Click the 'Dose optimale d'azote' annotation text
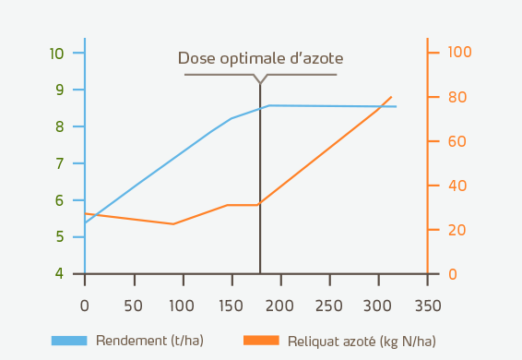point(259,58)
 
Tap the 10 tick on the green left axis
point(56,53)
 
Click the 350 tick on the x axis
point(427,305)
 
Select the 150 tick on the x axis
point(231,305)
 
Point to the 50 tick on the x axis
point(134,305)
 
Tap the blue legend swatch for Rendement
point(69,341)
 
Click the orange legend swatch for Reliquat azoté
point(261,341)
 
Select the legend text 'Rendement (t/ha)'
point(149,341)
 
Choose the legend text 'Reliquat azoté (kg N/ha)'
point(362,341)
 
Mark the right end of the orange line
point(392,97)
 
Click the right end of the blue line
point(397,106)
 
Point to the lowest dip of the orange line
point(172,223)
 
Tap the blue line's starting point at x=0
point(85,222)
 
